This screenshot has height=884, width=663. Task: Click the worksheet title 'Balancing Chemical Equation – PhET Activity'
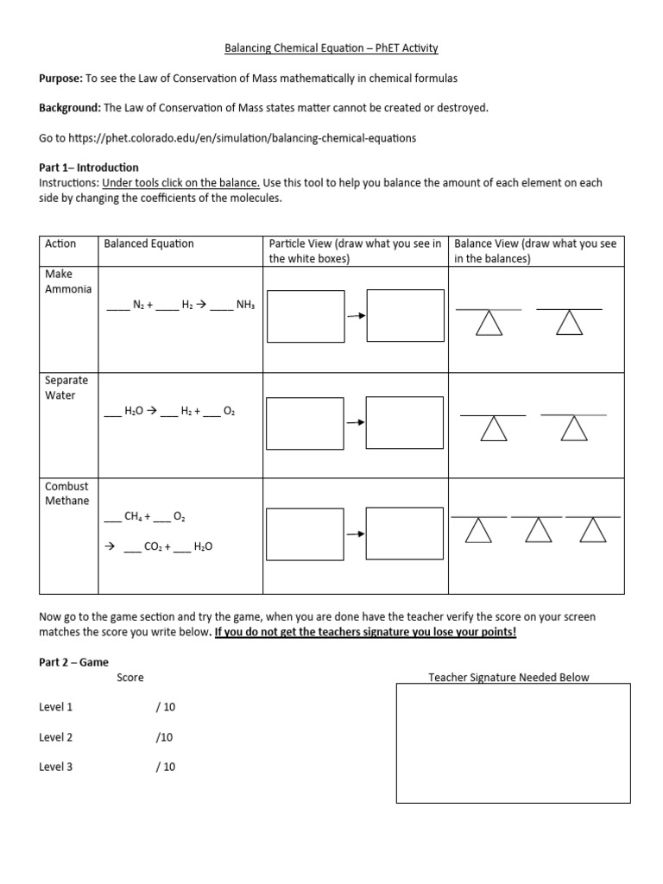(x=331, y=48)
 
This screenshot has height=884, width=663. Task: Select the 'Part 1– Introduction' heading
(x=88, y=167)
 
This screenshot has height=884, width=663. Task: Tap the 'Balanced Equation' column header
(x=148, y=243)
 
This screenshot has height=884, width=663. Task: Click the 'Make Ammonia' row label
(x=67, y=281)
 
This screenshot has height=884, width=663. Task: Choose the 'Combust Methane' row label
(x=66, y=494)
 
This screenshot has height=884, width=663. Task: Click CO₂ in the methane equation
(x=154, y=546)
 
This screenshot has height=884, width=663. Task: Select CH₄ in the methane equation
(x=134, y=517)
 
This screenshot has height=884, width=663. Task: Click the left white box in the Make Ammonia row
(x=306, y=316)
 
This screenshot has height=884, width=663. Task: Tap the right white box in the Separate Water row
(x=404, y=422)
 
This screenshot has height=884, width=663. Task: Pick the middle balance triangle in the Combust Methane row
(x=537, y=530)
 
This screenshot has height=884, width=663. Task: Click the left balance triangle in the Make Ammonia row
(x=489, y=324)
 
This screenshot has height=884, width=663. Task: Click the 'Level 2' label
(x=56, y=737)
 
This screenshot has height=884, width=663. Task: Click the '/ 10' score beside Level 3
(x=165, y=767)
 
